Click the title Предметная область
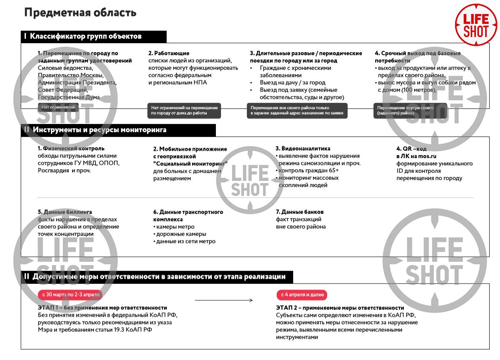pos(80,13)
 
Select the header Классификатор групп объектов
pos(85,36)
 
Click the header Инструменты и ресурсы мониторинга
pos(99,130)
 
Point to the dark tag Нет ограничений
pos(58,107)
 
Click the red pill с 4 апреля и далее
pos(302,295)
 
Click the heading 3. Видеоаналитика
pos(303,149)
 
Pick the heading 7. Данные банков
pos(300,212)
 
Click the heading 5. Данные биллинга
pos(65,212)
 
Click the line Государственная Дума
pos(69,97)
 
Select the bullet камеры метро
pos(175,227)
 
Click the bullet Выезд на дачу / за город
pos(292,83)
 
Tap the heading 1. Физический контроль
pos(71,149)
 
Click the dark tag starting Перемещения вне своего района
pos(297,110)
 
